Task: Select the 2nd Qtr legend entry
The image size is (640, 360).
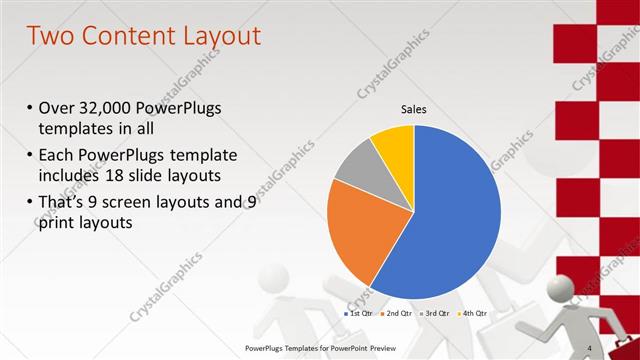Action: [x=396, y=314]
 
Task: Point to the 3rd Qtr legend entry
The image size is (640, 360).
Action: [x=434, y=314]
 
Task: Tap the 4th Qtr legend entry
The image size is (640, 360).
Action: [x=472, y=314]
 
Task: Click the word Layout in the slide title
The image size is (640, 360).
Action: [x=215, y=37]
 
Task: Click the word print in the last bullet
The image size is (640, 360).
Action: [x=54, y=223]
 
